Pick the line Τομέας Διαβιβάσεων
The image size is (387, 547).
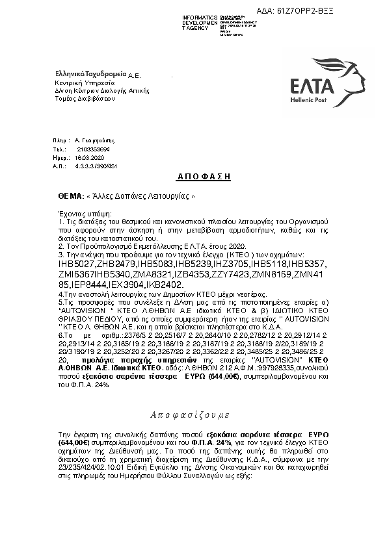(85, 99)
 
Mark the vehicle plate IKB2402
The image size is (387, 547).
(166, 285)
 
